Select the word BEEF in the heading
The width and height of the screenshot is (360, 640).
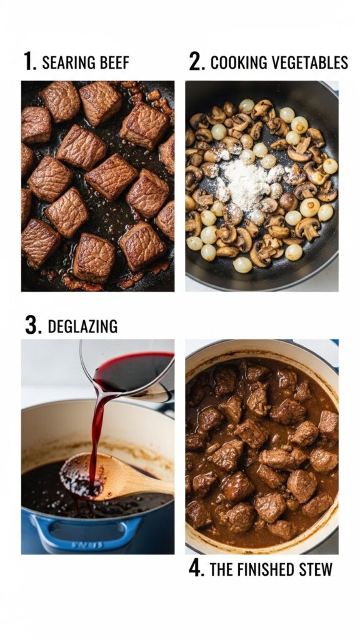114,62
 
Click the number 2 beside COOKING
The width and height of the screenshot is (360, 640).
196,62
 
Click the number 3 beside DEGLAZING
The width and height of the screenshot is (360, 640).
31,326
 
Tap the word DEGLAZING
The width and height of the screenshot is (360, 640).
82,326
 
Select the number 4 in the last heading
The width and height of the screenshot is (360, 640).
196,569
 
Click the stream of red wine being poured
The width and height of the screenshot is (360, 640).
95,431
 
